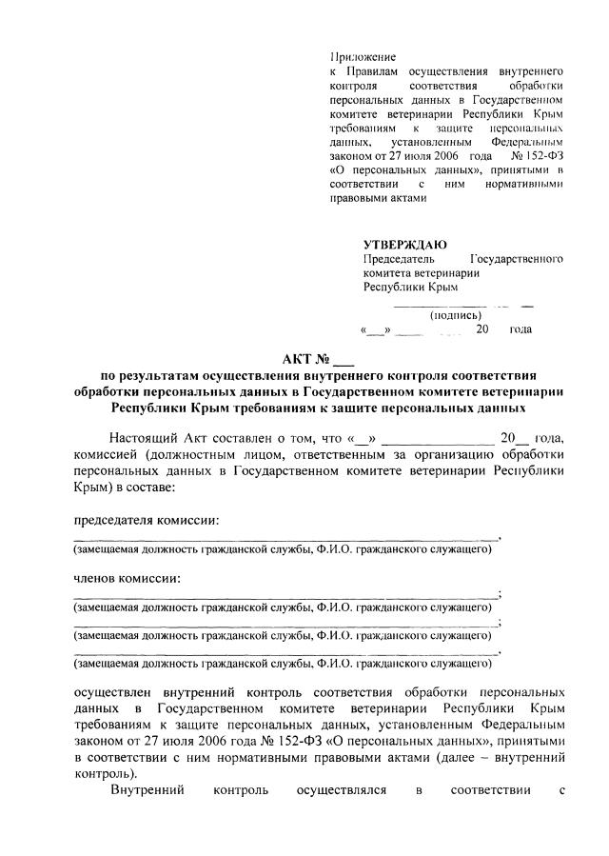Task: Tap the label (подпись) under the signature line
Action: pos(456,315)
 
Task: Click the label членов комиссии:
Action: pos(128,579)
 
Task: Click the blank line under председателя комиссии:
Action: pos(285,539)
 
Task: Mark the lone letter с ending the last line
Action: pos(563,789)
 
